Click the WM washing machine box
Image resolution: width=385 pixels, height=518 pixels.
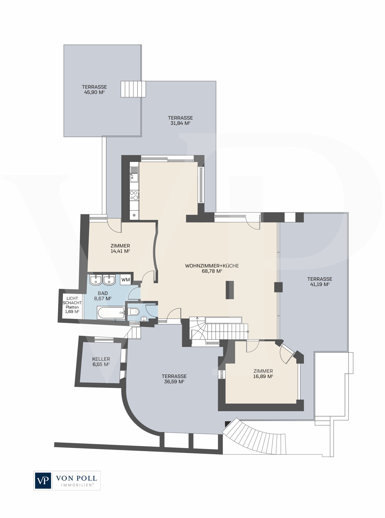click(x=126, y=279)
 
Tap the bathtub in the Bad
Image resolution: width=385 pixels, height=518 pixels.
click(x=111, y=313)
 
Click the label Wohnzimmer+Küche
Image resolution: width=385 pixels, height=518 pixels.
click(x=212, y=266)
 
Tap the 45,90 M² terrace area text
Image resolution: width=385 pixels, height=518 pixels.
click(x=94, y=92)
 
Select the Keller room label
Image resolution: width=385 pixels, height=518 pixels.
click(x=101, y=359)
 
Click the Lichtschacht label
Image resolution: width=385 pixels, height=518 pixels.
click(x=72, y=300)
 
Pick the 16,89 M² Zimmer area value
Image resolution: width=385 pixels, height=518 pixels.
click(x=263, y=376)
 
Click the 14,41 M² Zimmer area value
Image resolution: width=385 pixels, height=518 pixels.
click(x=120, y=251)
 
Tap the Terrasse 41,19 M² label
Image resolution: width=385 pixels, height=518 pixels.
click(x=320, y=282)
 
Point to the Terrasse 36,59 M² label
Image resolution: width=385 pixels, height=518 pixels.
click(x=174, y=379)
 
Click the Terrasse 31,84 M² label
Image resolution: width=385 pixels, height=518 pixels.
click(x=180, y=120)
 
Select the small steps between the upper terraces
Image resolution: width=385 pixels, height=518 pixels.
click(x=133, y=89)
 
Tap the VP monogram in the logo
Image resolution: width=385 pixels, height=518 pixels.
click(x=43, y=481)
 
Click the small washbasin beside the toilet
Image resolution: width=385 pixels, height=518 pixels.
click(x=144, y=319)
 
